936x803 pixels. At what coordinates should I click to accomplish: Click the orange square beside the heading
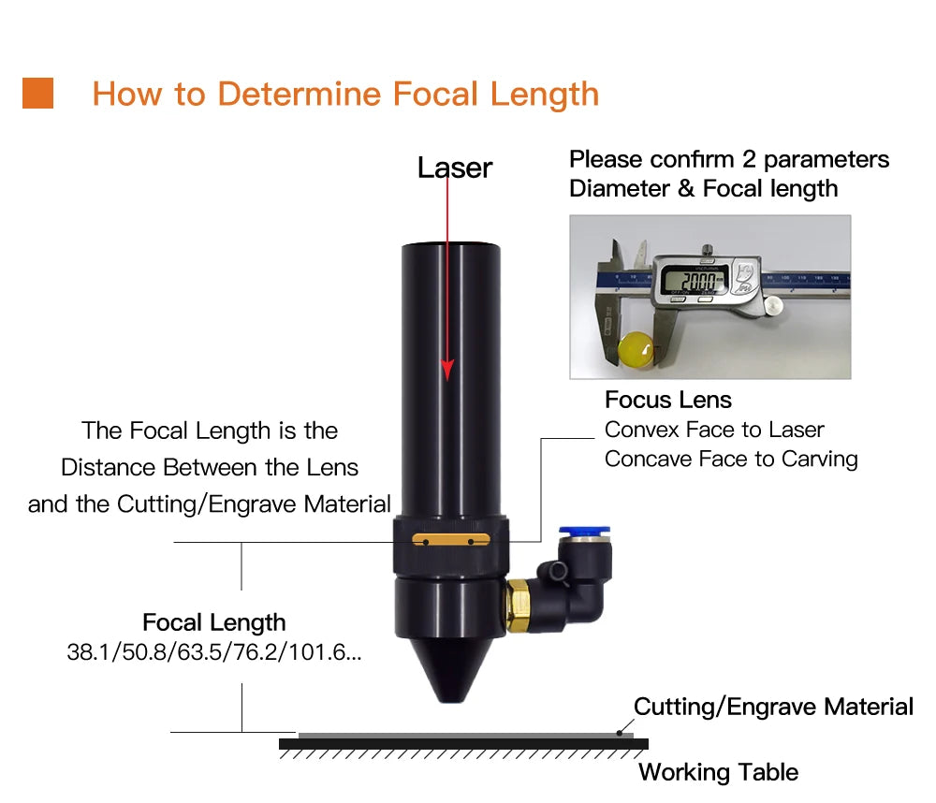(x=37, y=94)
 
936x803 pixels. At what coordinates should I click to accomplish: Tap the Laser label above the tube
(x=455, y=168)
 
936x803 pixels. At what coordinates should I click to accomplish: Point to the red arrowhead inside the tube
(x=447, y=370)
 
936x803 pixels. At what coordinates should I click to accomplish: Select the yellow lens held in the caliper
(x=636, y=349)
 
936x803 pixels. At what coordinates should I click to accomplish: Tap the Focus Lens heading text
(x=668, y=400)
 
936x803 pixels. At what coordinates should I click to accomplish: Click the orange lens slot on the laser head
(x=451, y=540)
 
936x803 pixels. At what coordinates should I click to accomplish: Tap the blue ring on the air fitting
(x=584, y=531)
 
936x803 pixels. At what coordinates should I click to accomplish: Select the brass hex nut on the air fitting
(x=517, y=605)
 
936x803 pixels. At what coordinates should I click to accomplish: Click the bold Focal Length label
(x=213, y=622)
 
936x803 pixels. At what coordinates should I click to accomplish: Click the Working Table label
(x=718, y=772)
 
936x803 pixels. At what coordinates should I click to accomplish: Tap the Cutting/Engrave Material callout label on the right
(x=773, y=707)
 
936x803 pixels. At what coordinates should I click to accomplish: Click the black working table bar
(x=464, y=744)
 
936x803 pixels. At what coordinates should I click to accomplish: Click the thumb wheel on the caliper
(x=773, y=305)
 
